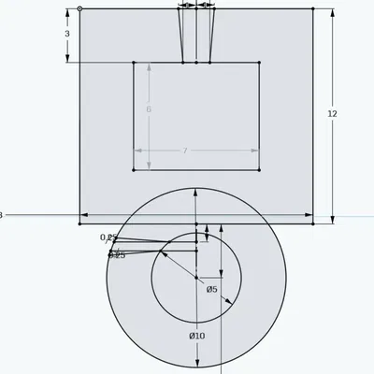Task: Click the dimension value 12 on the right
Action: click(332, 113)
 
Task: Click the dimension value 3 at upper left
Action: click(67, 34)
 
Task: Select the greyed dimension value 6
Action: click(149, 109)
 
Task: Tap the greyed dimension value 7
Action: click(185, 151)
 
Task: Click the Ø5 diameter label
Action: click(212, 289)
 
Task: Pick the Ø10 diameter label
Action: click(196, 336)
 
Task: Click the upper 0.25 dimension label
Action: click(108, 237)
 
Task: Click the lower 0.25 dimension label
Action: click(117, 254)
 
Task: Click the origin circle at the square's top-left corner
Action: click(79, 9)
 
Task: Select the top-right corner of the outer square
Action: click(313, 9)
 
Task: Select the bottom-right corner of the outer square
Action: click(313, 223)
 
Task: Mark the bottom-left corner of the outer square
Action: click(79, 223)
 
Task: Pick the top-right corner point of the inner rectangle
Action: click(259, 63)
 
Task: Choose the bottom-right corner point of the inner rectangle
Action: click(259, 170)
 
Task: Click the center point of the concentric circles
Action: click(196, 277)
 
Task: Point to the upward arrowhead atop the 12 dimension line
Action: click(332, 13)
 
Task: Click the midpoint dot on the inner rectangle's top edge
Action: click(196, 63)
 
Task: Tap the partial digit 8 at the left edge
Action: click(1, 215)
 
